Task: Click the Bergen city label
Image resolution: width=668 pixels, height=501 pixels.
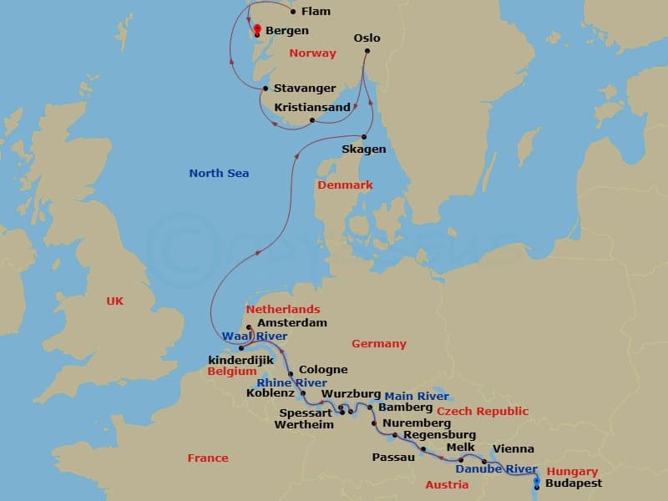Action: pyautogui.click(x=287, y=31)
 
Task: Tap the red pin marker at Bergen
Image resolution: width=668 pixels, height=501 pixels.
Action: pyautogui.click(x=257, y=30)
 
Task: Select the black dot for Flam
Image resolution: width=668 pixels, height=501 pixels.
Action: pyautogui.click(x=292, y=12)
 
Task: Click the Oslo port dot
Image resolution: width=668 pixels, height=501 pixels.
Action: pyautogui.click(x=367, y=53)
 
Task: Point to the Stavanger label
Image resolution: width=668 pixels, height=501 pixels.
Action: pyautogui.click(x=305, y=89)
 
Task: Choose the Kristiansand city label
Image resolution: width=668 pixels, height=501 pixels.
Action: pyautogui.click(x=312, y=107)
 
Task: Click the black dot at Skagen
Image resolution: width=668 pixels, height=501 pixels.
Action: pyautogui.click(x=364, y=137)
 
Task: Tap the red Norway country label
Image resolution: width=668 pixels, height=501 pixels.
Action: pyautogui.click(x=312, y=53)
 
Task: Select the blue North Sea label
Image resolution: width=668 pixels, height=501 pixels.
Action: pyautogui.click(x=219, y=174)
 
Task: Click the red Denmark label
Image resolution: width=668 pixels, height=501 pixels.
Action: pyautogui.click(x=344, y=185)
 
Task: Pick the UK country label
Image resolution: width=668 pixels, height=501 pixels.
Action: pyautogui.click(x=114, y=301)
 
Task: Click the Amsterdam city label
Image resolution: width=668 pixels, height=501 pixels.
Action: pyautogui.click(x=291, y=322)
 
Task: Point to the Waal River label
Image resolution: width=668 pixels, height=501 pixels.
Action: pyautogui.click(x=249, y=336)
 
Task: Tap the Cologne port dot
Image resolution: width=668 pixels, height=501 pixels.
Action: pyautogui.click(x=291, y=373)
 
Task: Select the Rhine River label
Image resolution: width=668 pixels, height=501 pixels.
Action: pyautogui.click(x=292, y=383)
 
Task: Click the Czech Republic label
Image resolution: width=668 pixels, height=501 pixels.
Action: pyautogui.click(x=482, y=412)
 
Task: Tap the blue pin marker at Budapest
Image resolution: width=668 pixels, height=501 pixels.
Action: pyautogui.click(x=536, y=480)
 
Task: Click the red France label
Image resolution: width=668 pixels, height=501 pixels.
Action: pyautogui.click(x=208, y=458)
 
